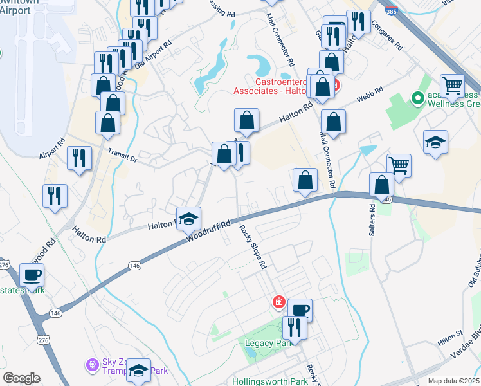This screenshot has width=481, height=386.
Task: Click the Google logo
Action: click(x=21, y=378)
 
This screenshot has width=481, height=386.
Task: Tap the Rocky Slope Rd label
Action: click(x=253, y=246)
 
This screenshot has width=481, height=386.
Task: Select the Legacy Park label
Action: click(x=264, y=343)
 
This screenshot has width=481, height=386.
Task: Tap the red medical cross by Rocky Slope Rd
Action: click(x=279, y=301)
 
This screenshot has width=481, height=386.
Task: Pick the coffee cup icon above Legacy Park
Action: click(x=300, y=311)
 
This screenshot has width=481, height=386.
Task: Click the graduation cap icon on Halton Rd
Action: click(x=189, y=219)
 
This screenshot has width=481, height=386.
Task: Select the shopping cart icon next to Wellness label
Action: click(x=453, y=85)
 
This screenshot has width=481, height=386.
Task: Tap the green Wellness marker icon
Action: click(x=417, y=98)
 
